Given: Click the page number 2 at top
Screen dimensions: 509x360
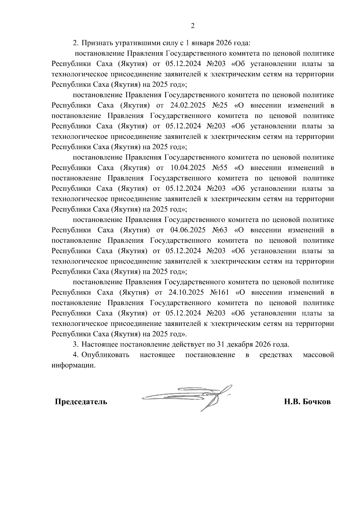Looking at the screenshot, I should tap(193, 26).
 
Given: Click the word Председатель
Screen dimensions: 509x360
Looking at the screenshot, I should tap(81, 402).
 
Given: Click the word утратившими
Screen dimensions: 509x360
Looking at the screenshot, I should tap(134, 43).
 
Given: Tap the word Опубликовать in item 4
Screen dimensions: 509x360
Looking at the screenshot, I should tap(106, 355).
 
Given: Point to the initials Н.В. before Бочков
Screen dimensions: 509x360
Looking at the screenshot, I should tap(292, 402).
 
